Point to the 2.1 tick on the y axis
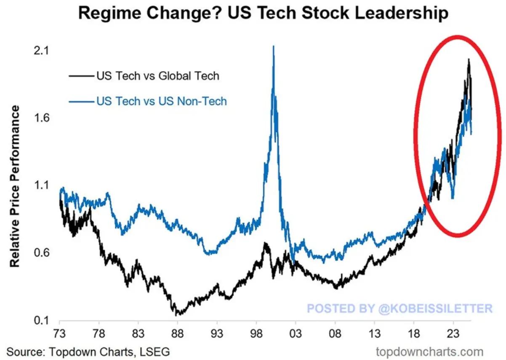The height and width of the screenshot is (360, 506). click(41, 51)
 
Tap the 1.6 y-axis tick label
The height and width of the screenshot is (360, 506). click(41, 118)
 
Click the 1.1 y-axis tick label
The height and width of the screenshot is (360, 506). click(41, 185)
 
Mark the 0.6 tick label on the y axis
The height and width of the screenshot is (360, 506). click(41, 253)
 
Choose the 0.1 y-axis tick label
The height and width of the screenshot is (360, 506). click(41, 320)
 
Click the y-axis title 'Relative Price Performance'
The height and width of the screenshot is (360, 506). click(15, 186)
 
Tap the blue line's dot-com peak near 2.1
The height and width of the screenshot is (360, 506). click(274, 47)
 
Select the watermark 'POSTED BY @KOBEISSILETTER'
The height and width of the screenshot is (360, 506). click(399, 308)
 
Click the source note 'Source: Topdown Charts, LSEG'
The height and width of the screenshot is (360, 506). click(88, 351)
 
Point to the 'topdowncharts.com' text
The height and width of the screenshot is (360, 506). click(429, 351)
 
